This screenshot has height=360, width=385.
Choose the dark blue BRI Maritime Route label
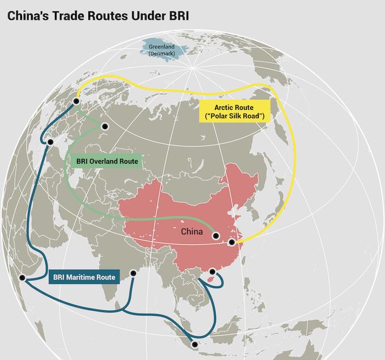pos(84,277)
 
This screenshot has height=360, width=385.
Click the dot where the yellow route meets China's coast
pos(231,242)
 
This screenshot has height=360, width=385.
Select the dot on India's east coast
pos(134,273)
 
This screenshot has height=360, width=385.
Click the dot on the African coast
pos(22,277)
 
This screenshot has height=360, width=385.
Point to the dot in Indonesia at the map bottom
pos(195,344)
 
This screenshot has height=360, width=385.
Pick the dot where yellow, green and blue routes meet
pos(77,102)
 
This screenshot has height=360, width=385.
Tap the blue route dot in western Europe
pos(50,142)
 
